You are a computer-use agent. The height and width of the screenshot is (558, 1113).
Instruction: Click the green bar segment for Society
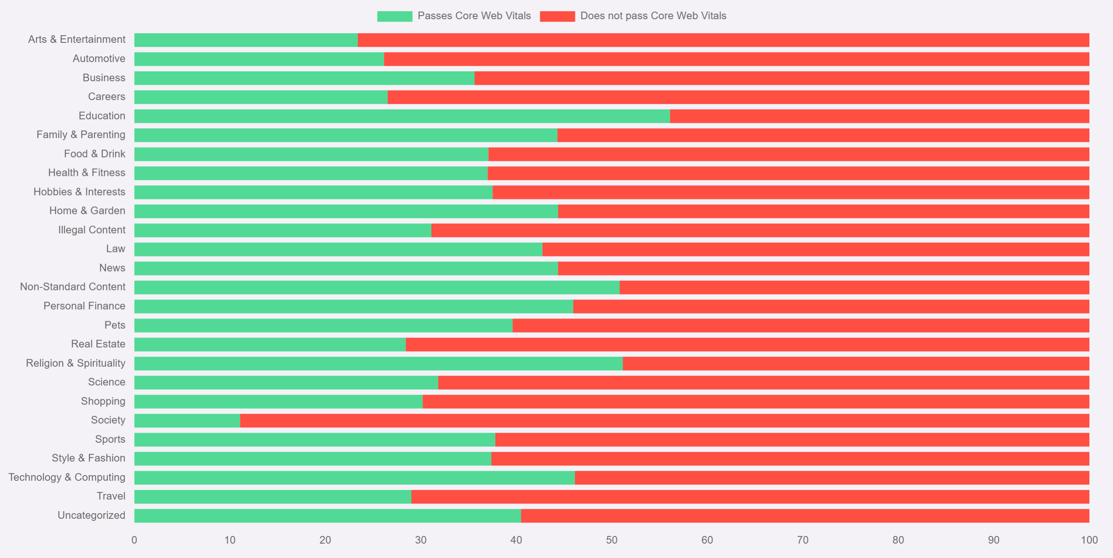[187, 420]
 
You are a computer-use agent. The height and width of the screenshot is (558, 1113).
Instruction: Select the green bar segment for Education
[402, 116]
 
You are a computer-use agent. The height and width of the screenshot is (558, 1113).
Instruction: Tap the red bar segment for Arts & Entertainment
[723, 40]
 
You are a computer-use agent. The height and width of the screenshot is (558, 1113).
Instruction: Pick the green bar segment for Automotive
[259, 59]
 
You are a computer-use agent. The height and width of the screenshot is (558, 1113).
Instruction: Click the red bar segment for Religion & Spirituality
[856, 363]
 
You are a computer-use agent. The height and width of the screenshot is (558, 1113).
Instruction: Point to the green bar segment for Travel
[273, 496]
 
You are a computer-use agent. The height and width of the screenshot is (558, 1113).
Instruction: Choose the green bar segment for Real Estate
[270, 344]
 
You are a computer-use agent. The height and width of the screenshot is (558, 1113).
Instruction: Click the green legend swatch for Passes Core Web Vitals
[394, 16]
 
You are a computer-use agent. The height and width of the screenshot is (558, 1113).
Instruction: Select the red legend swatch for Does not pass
[557, 16]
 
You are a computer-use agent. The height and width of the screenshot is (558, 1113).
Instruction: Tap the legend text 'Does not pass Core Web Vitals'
[653, 16]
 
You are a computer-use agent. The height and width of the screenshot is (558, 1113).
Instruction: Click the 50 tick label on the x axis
[611, 540]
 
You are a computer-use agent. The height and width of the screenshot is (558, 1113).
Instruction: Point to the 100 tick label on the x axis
[1089, 540]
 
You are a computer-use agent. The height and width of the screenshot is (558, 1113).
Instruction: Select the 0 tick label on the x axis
[134, 540]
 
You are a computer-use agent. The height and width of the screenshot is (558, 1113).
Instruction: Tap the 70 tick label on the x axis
[802, 540]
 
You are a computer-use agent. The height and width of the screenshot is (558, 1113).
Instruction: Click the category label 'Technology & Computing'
[67, 477]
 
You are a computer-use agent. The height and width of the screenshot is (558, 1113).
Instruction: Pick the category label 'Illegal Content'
[92, 230]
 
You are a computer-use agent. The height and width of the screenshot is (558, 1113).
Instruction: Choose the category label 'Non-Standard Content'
[73, 287]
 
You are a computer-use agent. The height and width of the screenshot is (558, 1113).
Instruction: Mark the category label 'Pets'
[115, 325]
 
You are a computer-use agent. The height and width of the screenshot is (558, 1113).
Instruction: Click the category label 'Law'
[115, 249]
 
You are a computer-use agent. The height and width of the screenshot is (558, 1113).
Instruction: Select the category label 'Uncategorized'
[91, 515]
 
